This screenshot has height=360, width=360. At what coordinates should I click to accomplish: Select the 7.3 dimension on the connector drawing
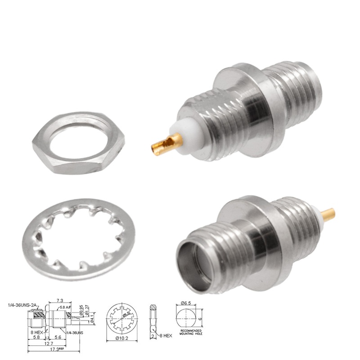tap(59, 301)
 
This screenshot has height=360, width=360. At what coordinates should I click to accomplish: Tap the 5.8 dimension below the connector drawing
tap(36, 337)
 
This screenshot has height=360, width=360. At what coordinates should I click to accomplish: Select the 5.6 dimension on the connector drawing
tap(58, 337)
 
